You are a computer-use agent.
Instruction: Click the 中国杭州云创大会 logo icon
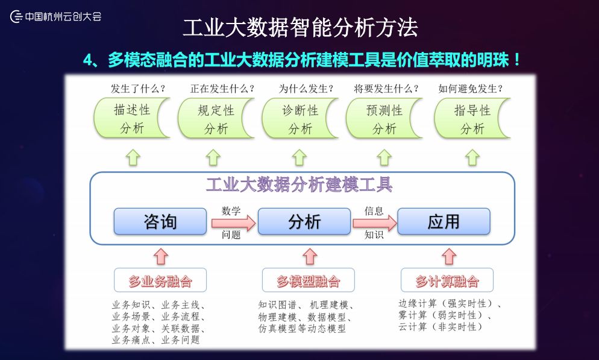(16, 16)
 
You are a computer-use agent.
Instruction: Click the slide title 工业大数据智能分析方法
(300, 28)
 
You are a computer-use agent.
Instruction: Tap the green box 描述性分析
(132, 118)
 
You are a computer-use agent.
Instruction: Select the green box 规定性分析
(216, 118)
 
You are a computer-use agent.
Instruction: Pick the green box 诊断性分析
(300, 118)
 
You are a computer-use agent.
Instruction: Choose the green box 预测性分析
(384, 118)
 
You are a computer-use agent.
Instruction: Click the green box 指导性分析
(472, 118)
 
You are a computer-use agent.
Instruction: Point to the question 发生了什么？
(138, 89)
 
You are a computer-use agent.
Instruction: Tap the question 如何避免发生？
(471, 89)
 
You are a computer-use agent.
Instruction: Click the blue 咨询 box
(160, 221)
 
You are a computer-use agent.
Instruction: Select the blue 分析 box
(304, 221)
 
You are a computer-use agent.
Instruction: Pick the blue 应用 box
(444, 221)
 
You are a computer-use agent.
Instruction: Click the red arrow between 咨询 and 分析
(233, 223)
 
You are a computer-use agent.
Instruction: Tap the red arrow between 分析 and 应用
(374, 223)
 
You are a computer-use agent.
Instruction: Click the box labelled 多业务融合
(160, 280)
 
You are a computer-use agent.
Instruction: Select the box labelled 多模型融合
(309, 280)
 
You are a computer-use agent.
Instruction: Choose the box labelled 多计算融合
(447, 280)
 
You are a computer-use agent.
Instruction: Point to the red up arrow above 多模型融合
(310, 256)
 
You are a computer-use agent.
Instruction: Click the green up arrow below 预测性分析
(384, 157)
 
